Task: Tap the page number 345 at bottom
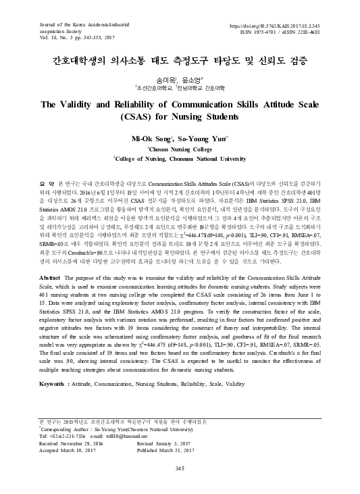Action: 180,468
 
